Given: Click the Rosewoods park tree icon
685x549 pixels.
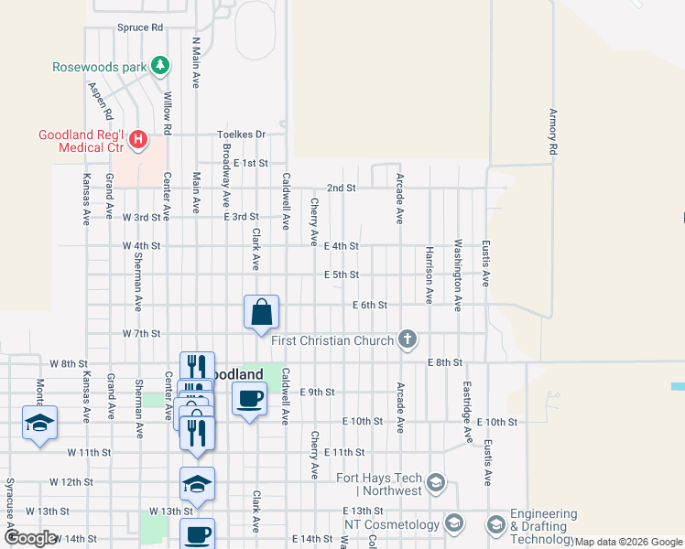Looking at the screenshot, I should [x=161, y=65].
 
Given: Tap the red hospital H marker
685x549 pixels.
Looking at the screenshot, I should [x=137, y=140].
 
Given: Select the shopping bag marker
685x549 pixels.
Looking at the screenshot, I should [x=261, y=311].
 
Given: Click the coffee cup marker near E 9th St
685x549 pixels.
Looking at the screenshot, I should [x=248, y=398].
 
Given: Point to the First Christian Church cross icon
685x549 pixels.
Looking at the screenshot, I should [x=408, y=340].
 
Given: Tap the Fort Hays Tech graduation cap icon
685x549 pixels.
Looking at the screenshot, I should [x=436, y=483].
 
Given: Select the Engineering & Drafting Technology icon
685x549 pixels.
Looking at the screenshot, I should [x=495, y=524].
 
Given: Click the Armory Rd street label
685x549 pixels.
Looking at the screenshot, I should [x=553, y=131].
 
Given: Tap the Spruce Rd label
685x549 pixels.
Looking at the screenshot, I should [x=139, y=28].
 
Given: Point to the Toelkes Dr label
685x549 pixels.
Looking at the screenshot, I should [x=241, y=135].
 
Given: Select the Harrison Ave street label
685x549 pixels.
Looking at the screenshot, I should [x=428, y=274].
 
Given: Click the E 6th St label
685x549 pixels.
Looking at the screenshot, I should [x=370, y=305].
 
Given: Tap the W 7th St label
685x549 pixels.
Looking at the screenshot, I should [x=142, y=334].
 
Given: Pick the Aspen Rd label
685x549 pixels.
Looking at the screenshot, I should [x=100, y=101].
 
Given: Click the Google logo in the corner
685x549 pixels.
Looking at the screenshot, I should [x=30, y=538].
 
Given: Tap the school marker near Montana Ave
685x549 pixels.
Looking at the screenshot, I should [x=39, y=422].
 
